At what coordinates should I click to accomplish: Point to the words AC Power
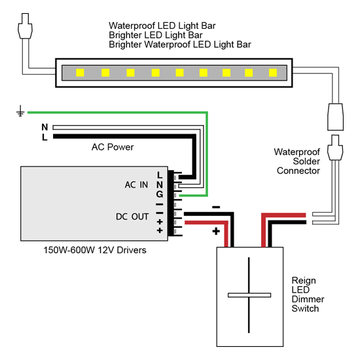click(x=113, y=147)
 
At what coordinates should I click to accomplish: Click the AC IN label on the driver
click(x=137, y=185)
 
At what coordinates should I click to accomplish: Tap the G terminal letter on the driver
click(x=159, y=194)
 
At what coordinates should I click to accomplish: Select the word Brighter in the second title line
click(x=126, y=35)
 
